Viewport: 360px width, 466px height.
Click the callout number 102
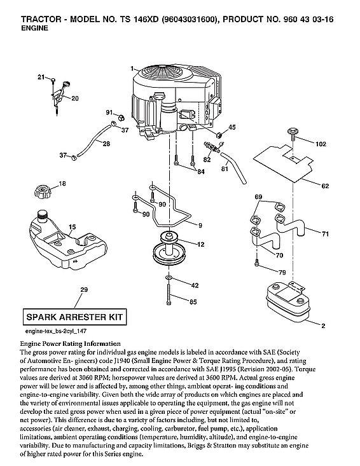pyautogui.click(x=324, y=144)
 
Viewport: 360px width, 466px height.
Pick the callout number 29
pyautogui.click(x=83, y=290)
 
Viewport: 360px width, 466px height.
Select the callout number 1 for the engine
pyautogui.click(x=131, y=67)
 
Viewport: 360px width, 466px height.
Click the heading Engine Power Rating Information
pyautogui.click(x=79, y=343)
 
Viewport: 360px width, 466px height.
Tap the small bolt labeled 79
pyautogui.click(x=256, y=262)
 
